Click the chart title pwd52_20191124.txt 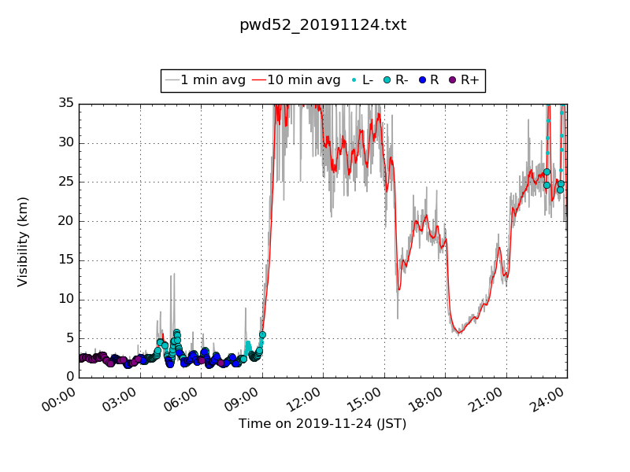pyautogui.click(x=323, y=25)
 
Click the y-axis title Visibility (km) pyautogui.click(x=23, y=241)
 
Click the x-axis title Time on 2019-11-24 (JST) pyautogui.click(x=323, y=423)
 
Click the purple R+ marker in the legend pyautogui.click(x=452, y=80)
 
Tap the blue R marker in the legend pyautogui.click(x=423, y=80)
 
